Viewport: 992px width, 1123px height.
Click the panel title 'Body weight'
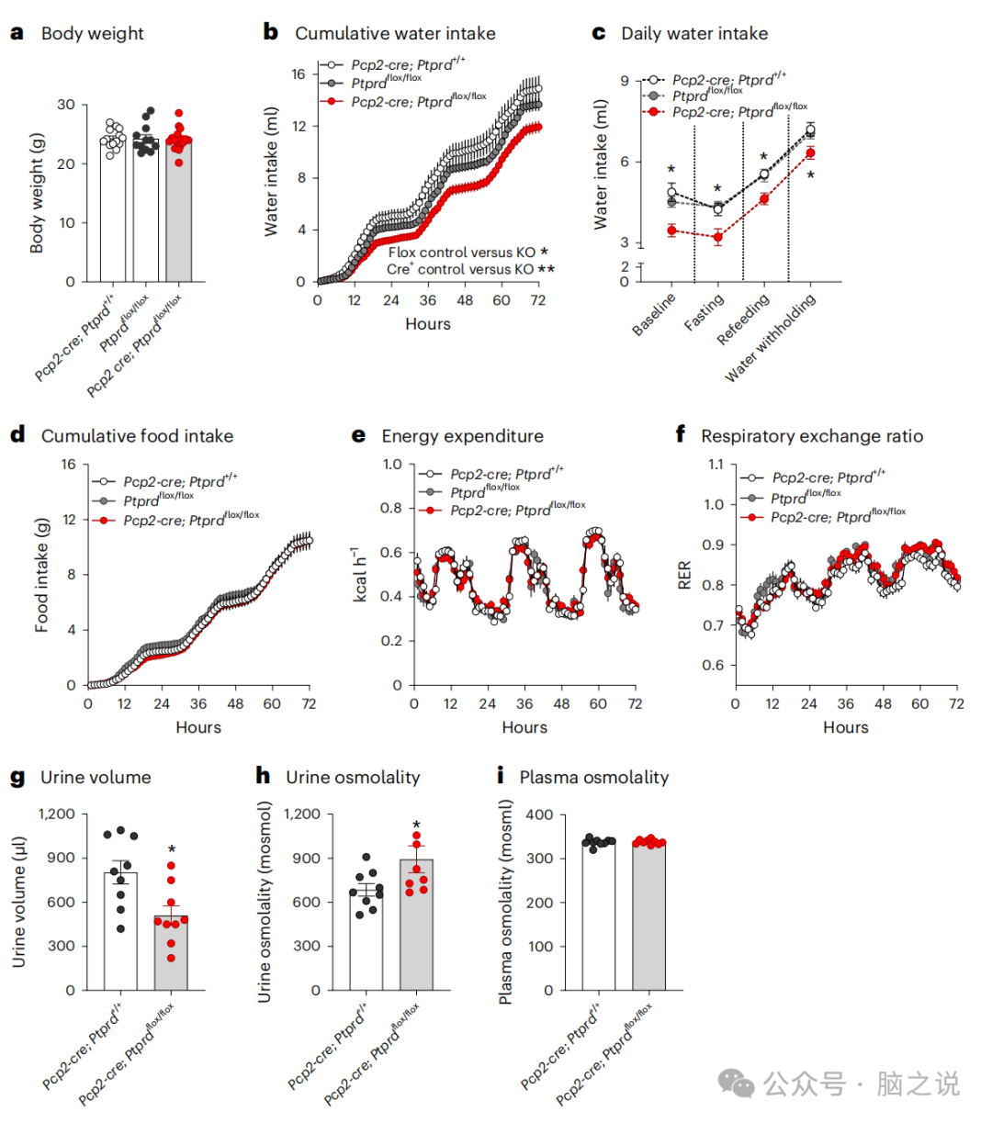(92, 34)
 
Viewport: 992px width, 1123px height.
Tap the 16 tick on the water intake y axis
(299, 74)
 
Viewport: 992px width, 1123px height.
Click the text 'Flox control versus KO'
(461, 253)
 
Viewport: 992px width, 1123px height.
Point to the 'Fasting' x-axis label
(705, 313)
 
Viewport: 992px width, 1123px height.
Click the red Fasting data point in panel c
(717, 238)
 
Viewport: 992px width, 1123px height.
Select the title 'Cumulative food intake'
(137, 436)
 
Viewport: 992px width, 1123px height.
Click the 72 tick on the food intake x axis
(309, 704)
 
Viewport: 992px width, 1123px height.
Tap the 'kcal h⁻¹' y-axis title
(361, 574)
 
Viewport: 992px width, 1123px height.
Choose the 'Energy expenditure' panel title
(462, 436)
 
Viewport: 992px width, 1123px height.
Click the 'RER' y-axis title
(684, 575)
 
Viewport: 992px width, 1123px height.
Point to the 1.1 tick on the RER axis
(714, 465)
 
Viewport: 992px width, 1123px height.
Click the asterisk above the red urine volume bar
(172, 850)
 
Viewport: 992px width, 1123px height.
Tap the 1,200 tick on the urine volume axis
(57, 814)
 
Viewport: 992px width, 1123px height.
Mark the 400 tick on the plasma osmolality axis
(539, 814)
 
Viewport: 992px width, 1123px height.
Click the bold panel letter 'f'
(681, 434)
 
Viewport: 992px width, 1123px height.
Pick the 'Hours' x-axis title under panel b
(428, 324)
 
